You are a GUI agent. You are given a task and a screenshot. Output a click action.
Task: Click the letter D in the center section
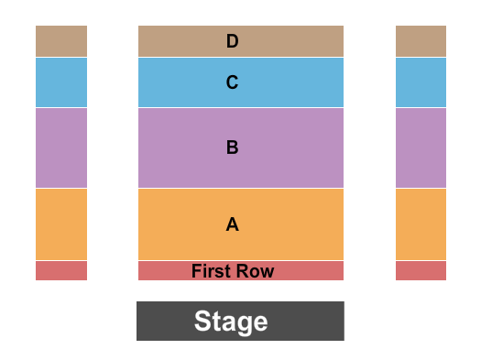click(233, 41)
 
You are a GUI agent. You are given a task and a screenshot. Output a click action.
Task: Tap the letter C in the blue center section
click(233, 82)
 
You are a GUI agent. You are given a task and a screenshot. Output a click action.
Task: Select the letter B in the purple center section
click(233, 147)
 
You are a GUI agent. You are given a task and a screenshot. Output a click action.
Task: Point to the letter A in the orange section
click(233, 224)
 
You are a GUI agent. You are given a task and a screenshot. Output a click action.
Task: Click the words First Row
click(233, 271)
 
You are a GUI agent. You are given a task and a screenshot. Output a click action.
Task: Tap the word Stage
click(231, 322)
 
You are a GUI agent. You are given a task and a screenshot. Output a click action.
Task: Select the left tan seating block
click(61, 41)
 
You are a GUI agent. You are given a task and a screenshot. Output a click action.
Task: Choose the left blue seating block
click(61, 82)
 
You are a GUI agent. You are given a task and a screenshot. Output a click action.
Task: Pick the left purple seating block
click(61, 147)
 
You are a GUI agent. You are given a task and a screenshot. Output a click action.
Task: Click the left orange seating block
click(61, 224)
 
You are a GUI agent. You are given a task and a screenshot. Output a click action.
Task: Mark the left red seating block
click(61, 270)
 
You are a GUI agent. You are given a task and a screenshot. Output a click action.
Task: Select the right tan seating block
click(421, 41)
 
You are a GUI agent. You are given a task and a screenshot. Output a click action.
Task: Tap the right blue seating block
click(421, 82)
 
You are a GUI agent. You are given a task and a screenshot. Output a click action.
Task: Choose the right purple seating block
click(421, 147)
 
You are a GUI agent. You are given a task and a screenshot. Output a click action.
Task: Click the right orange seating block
click(421, 224)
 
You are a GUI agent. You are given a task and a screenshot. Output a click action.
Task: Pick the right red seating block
click(421, 270)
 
